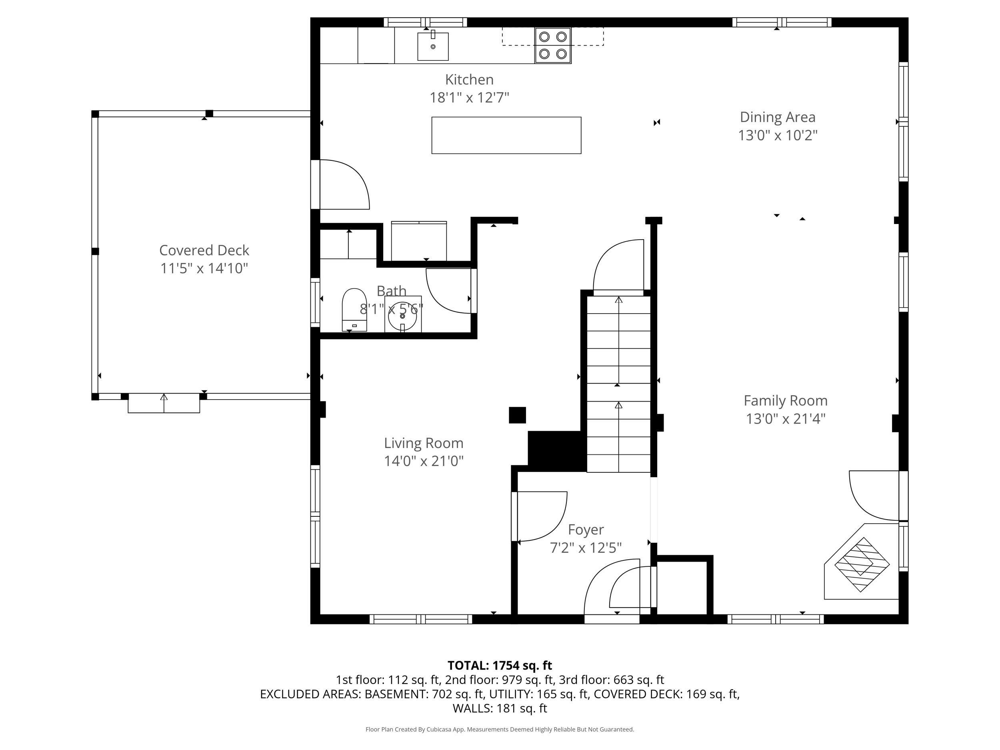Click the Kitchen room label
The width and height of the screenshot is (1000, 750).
[x=469, y=80]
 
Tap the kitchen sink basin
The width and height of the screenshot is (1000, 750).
[x=433, y=46]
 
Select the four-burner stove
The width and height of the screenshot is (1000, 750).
[x=553, y=45]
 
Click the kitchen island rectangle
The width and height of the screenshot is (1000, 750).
[x=506, y=135]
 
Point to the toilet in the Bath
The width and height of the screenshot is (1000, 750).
[x=354, y=309]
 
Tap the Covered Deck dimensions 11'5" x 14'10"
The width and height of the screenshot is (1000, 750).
[x=204, y=268]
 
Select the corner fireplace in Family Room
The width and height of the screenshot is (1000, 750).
[x=862, y=565]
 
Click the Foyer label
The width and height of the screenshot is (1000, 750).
[x=586, y=529]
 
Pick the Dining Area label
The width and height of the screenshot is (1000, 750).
[x=777, y=117]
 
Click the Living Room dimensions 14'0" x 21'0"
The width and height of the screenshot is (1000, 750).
[x=424, y=461]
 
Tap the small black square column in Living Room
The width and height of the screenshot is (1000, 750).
[x=517, y=415]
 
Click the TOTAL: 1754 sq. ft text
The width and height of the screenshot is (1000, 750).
[x=500, y=666]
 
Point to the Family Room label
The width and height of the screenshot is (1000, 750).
[x=785, y=400]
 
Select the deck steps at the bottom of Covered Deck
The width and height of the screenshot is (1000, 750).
[x=164, y=403]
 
